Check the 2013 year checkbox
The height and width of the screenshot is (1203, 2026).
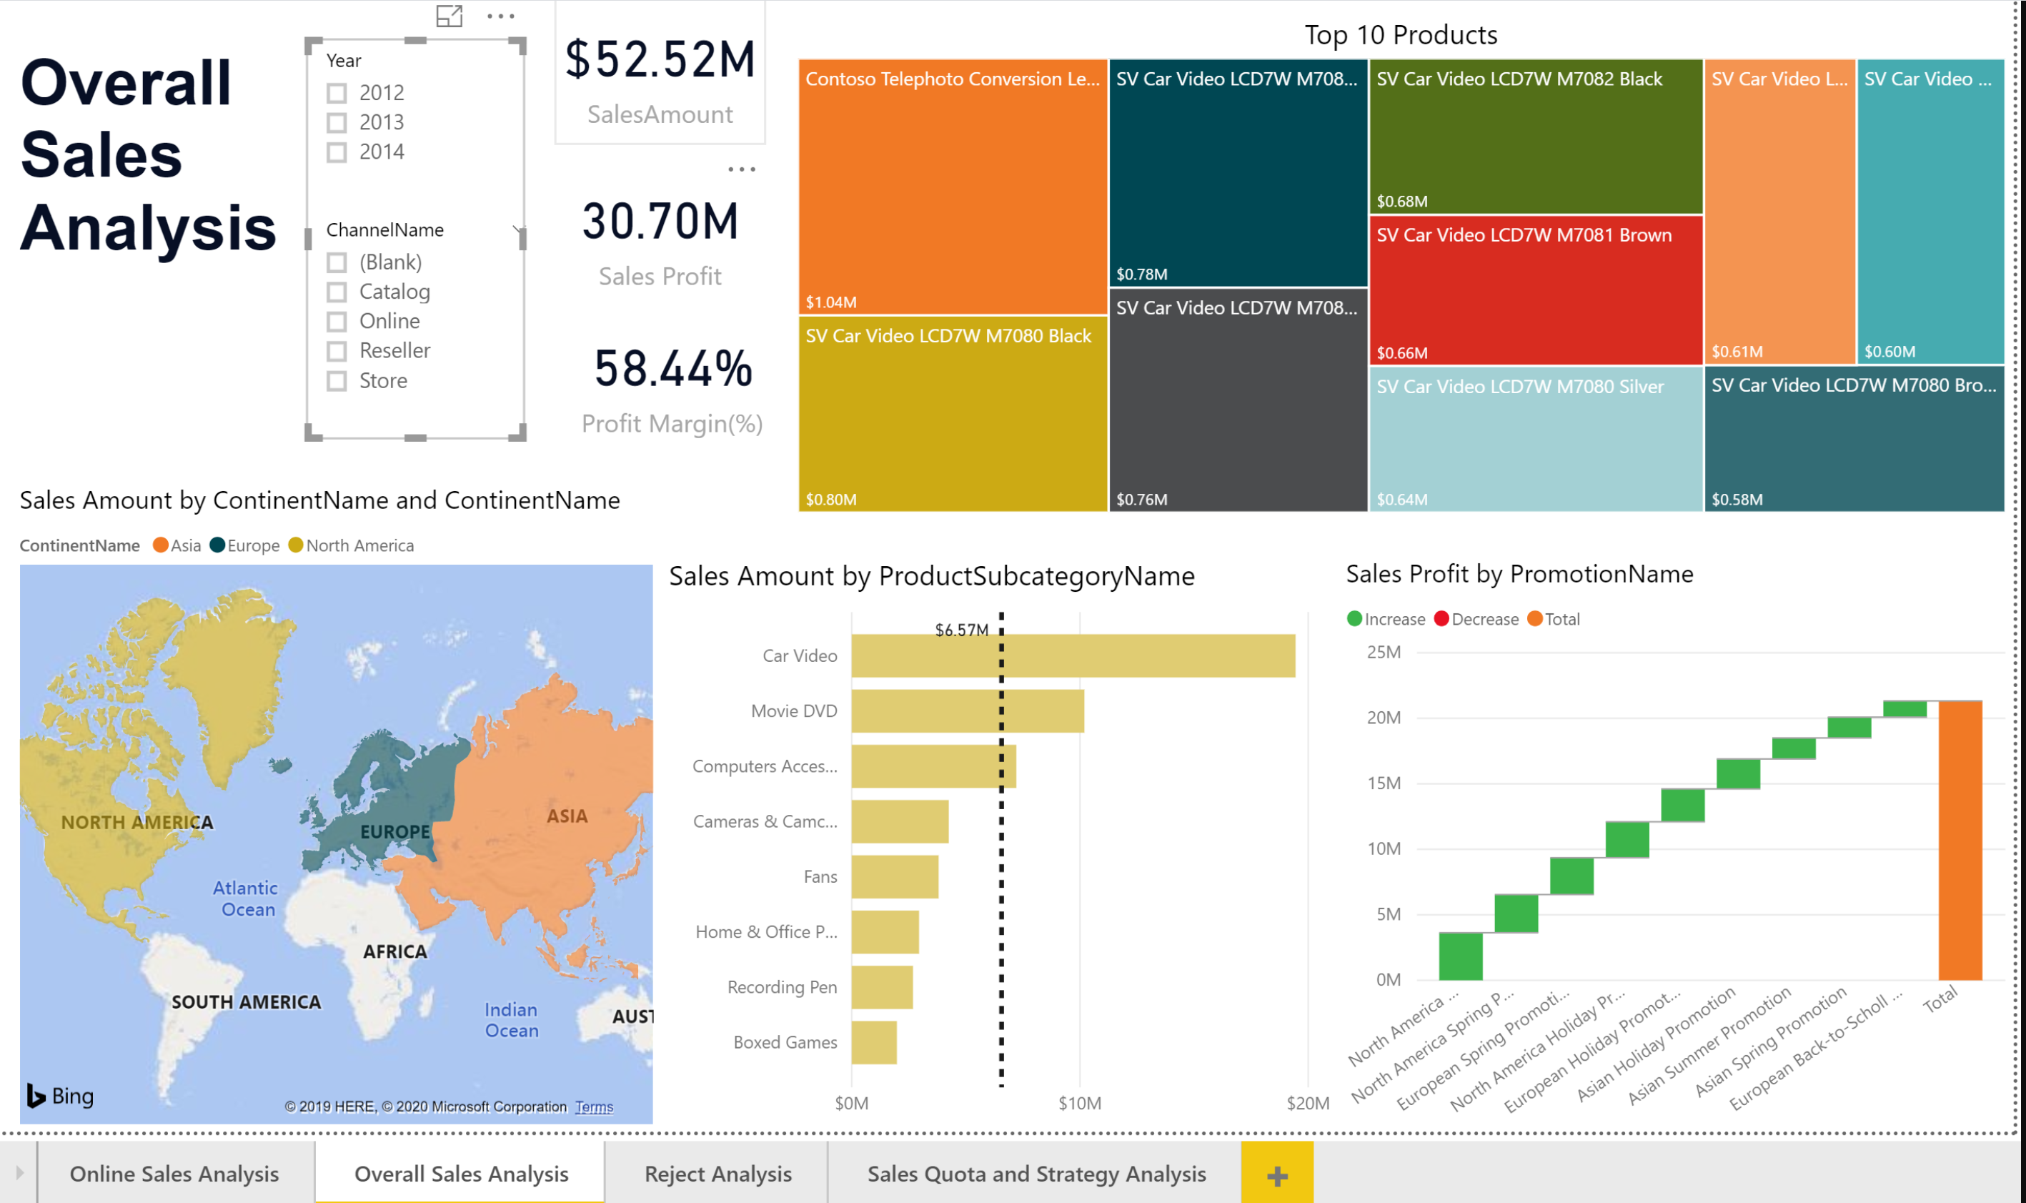(337, 122)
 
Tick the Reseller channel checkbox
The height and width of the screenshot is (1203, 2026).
(337, 351)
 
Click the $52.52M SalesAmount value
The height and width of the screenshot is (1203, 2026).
(660, 60)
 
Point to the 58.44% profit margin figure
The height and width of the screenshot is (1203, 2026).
(672, 369)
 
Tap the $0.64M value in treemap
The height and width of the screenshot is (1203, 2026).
(1401, 500)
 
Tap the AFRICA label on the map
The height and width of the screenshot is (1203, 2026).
(394, 951)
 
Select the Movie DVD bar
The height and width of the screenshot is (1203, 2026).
(967, 711)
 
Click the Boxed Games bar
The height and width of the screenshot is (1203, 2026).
(873, 1042)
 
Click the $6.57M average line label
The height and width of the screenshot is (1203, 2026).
(961, 630)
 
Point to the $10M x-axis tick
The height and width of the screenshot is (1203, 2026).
(1079, 1104)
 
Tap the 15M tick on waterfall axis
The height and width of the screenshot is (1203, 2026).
(1384, 783)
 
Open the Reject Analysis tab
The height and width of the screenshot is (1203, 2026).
(717, 1174)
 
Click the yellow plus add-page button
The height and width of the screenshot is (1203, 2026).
(1276, 1174)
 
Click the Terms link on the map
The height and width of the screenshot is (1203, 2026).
(594, 1107)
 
